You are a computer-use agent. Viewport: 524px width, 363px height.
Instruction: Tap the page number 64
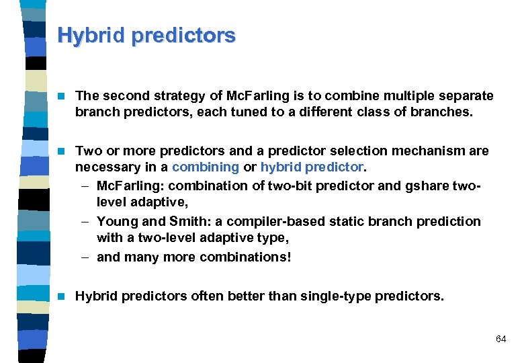pos(500,339)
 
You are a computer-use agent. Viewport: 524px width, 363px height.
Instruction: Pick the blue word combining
pos(205,167)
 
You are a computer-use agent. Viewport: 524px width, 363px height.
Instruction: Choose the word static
pos(339,221)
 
